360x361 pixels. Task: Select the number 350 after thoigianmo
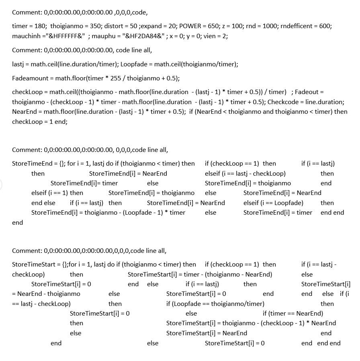coord(95,26)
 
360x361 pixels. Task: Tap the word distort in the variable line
coord(116,26)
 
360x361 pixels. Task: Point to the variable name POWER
coord(190,26)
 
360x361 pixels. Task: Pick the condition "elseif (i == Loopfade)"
coord(273,203)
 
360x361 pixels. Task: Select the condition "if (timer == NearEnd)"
coord(293,314)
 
